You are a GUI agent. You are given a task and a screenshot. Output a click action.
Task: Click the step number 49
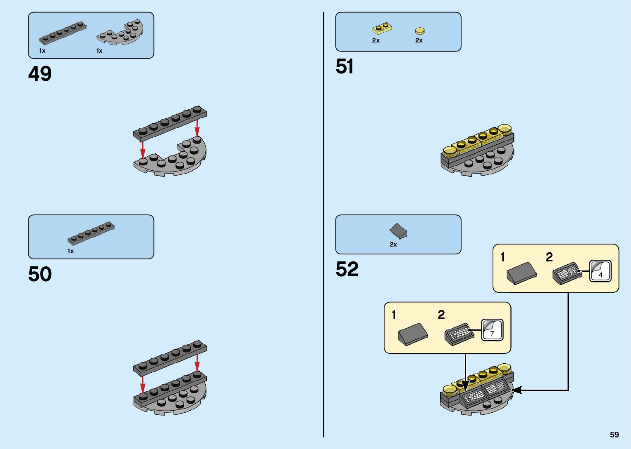tap(40, 74)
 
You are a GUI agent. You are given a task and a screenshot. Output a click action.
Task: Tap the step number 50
tap(40, 275)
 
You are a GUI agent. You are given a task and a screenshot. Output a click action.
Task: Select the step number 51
tap(345, 67)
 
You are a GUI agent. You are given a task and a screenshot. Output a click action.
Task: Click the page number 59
tap(614, 435)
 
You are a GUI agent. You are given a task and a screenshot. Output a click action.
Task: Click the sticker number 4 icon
tap(600, 271)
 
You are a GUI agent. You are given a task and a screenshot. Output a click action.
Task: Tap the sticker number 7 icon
tap(492, 330)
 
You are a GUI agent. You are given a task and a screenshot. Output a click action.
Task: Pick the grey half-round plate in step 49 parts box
tap(120, 33)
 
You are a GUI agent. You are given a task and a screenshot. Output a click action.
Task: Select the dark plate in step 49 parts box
tap(63, 33)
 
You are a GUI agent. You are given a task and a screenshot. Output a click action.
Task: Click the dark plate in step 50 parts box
tap(91, 234)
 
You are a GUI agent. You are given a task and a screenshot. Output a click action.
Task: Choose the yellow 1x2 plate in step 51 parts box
tap(382, 28)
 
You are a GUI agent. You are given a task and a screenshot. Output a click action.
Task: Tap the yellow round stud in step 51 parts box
tap(420, 31)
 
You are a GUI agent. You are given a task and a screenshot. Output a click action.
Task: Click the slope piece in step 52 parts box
tap(398, 231)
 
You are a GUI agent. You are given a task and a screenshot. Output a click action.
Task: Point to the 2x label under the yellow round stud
tap(419, 40)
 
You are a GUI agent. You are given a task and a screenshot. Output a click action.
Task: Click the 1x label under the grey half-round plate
tap(99, 51)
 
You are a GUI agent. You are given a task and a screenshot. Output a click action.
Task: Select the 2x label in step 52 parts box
tap(393, 244)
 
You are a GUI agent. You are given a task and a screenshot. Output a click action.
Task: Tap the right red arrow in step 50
tap(197, 363)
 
